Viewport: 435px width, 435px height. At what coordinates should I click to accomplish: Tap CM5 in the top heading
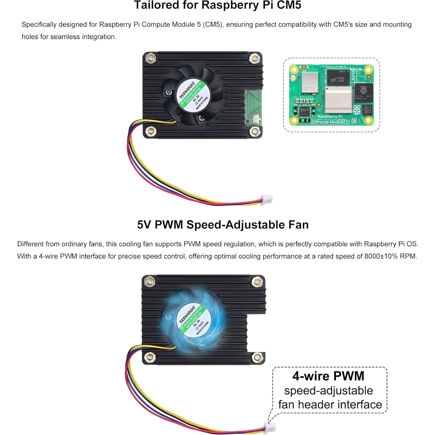pyautogui.click(x=289, y=5)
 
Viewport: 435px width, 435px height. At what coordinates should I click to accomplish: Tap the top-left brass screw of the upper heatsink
pyautogui.click(x=150, y=58)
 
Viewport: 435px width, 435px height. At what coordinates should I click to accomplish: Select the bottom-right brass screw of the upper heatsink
pyautogui.click(x=254, y=131)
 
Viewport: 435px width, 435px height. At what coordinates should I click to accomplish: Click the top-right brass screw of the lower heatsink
pyautogui.click(x=257, y=282)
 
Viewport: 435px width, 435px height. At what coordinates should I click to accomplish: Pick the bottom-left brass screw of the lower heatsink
pyautogui.click(x=149, y=357)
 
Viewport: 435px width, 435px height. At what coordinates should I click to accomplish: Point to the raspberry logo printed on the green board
pyautogui.click(x=357, y=110)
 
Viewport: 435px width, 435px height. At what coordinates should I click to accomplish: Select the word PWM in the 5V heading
pyautogui.click(x=169, y=225)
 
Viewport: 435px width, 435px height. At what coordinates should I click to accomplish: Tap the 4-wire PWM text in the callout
pyautogui.click(x=328, y=376)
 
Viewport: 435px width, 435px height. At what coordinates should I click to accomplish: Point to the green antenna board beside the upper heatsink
pyautogui.click(x=253, y=108)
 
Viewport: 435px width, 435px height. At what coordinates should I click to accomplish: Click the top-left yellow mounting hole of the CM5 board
pyautogui.click(x=294, y=70)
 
